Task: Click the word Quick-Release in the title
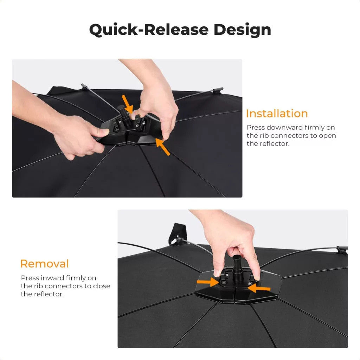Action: click(149, 30)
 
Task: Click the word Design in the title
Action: click(243, 30)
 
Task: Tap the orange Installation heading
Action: click(277, 114)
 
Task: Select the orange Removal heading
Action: click(45, 264)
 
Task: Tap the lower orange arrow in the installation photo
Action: click(163, 147)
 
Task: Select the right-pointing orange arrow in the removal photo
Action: click(208, 282)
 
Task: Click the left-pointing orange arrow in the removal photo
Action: click(259, 288)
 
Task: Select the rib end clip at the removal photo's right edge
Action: click(342, 250)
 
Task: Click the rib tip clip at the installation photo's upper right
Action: click(218, 90)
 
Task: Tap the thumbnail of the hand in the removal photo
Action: click(216, 273)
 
